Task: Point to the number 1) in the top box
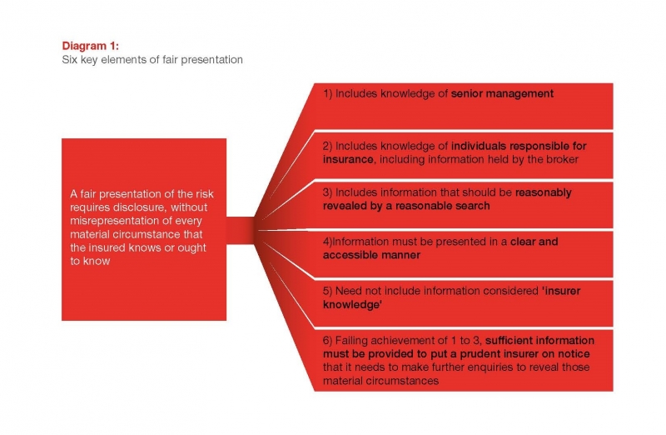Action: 328,94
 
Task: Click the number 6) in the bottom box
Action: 328,340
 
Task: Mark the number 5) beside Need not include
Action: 328,292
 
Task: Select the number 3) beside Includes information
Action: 328,192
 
